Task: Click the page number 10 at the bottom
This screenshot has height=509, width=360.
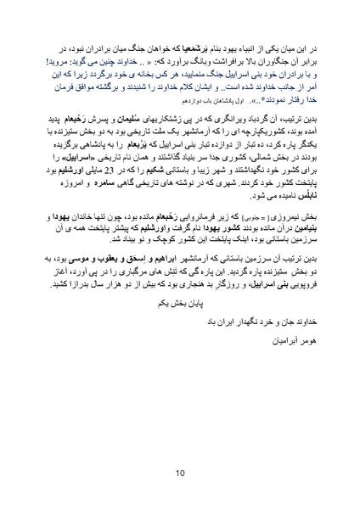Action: [179, 473]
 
